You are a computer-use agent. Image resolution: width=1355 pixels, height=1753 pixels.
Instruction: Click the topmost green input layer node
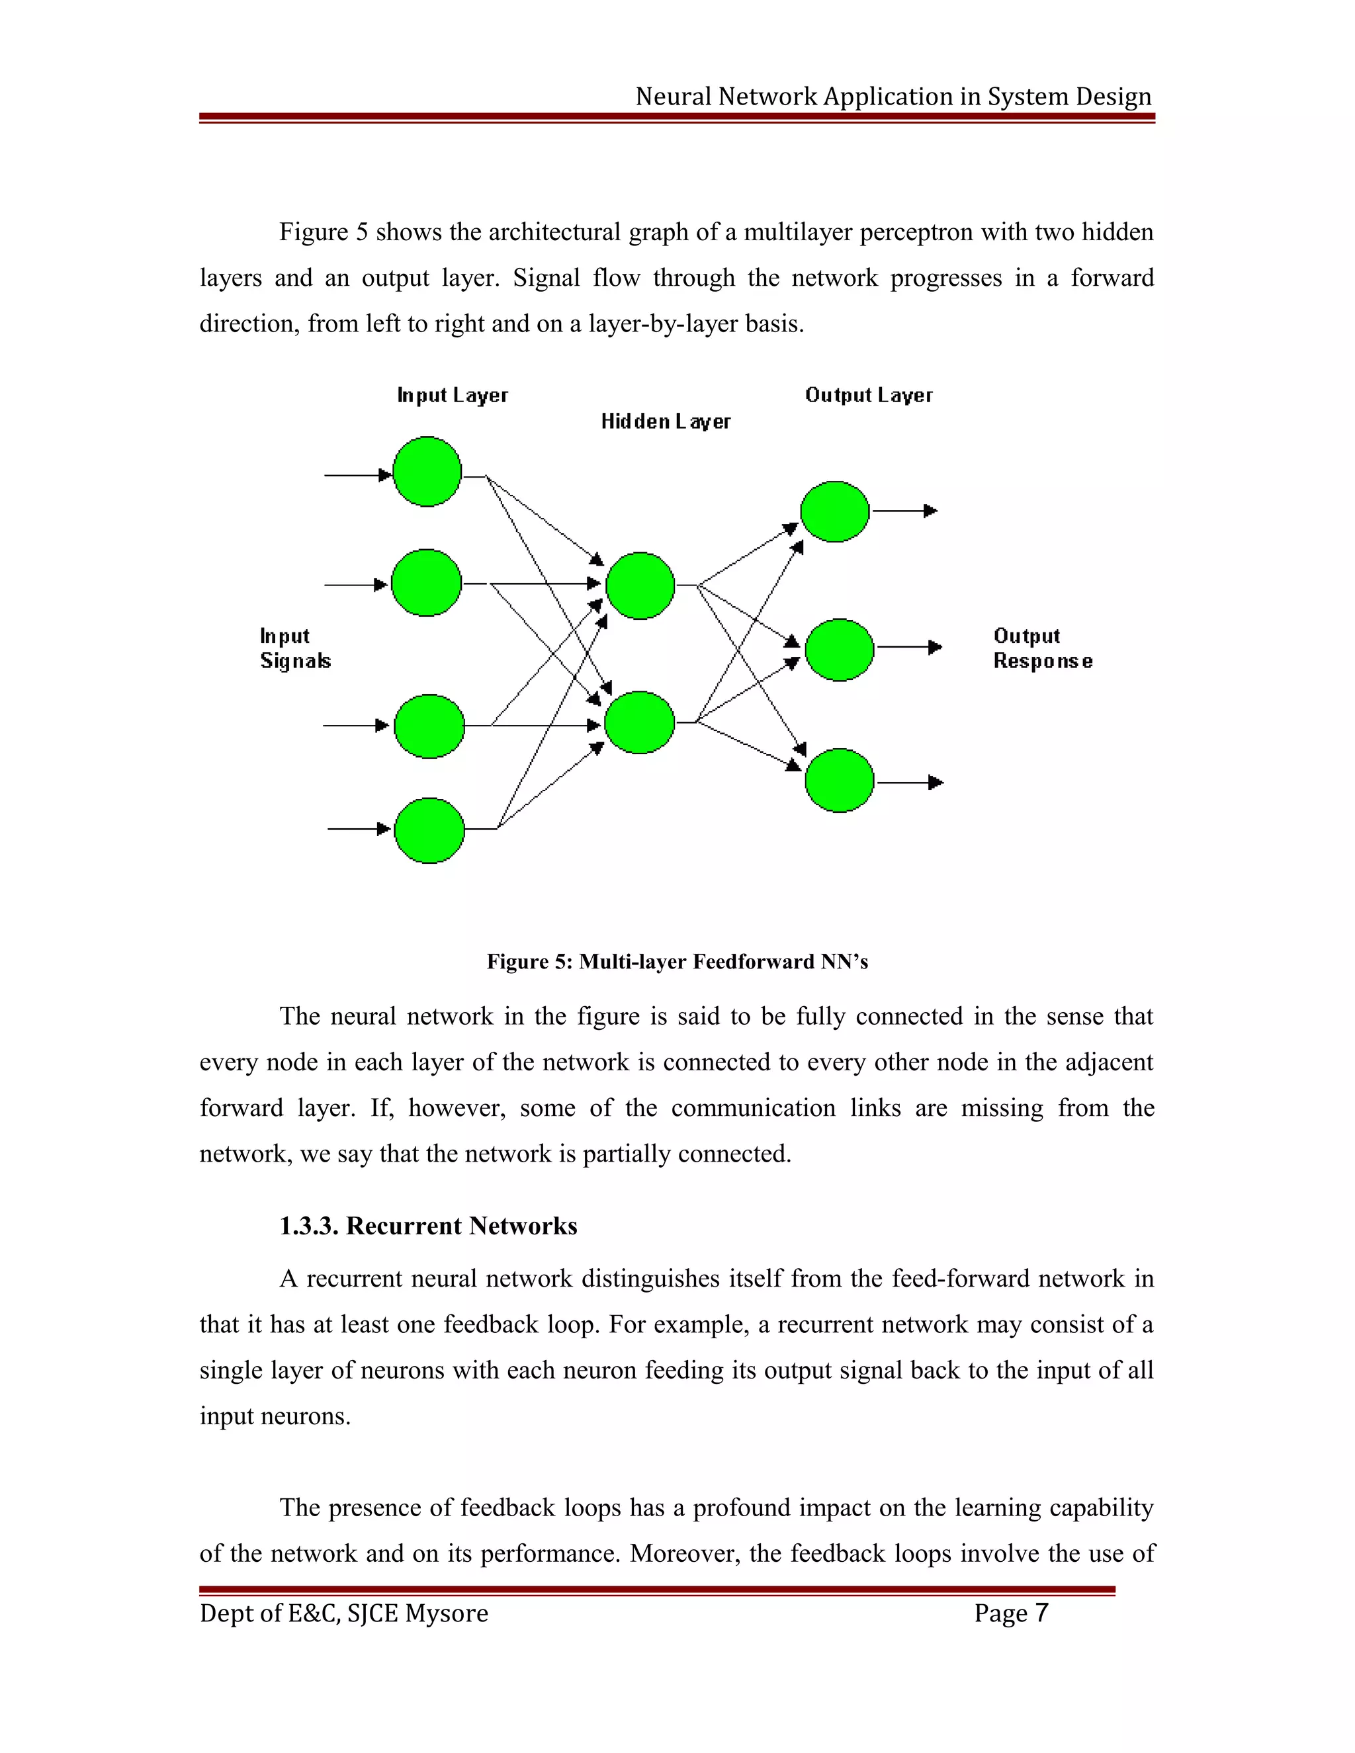[x=427, y=472]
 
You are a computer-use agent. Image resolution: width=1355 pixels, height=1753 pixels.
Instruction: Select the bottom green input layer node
[x=429, y=831]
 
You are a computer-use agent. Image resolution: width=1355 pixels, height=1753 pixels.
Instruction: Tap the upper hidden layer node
[x=640, y=586]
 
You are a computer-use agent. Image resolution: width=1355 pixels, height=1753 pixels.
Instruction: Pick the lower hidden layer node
[x=639, y=722]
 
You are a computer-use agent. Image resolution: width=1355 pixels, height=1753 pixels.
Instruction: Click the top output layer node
[x=835, y=511]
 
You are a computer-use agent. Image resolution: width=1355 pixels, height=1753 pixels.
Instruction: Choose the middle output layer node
[x=839, y=650]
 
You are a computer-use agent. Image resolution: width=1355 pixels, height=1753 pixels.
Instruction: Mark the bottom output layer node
[x=839, y=780]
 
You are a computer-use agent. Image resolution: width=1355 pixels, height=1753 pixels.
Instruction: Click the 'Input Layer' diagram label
[x=453, y=396]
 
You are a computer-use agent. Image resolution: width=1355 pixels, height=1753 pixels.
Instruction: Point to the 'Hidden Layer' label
[x=666, y=422]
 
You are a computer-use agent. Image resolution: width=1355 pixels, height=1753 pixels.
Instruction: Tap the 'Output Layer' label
[x=869, y=396]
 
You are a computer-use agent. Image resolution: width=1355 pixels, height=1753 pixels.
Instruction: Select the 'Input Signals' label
[x=294, y=648]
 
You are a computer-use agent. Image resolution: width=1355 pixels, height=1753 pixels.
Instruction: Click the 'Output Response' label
[x=1042, y=648]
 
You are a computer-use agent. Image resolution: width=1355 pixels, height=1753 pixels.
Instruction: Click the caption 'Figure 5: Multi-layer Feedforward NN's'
[x=677, y=962]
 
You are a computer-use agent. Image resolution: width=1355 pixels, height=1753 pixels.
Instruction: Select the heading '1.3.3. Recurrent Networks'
[x=428, y=1226]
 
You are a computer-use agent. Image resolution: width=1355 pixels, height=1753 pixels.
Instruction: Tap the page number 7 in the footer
[x=1041, y=1613]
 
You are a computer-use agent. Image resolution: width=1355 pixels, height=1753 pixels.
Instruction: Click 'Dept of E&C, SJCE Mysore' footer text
[x=343, y=1613]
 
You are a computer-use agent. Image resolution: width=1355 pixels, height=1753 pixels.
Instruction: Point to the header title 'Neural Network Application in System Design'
[x=893, y=97]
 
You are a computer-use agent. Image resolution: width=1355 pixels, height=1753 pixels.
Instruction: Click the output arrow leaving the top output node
[x=904, y=511]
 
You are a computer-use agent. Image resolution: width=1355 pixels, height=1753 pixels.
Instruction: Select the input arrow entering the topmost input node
[x=357, y=475]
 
